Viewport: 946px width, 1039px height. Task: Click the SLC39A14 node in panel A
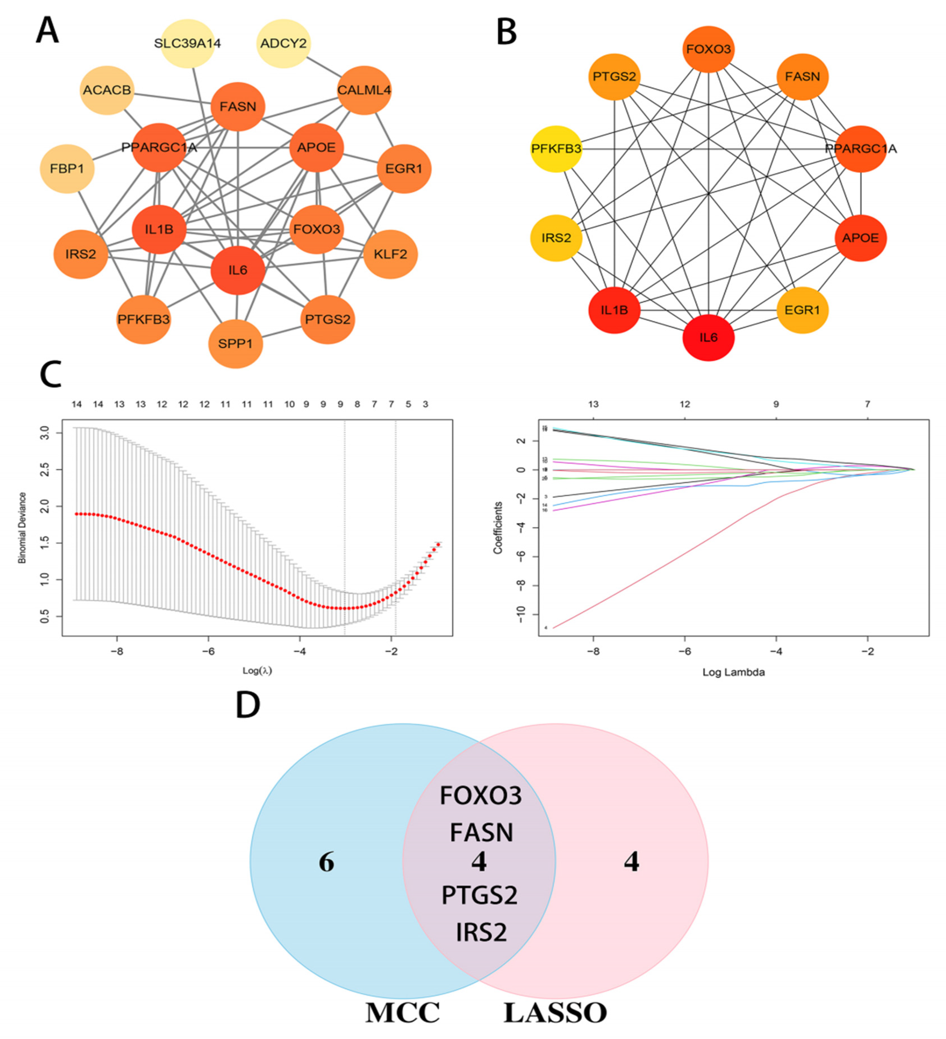click(x=188, y=43)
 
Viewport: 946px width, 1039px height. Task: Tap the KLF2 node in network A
click(x=390, y=254)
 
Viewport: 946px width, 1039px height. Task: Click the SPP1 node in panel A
click(x=236, y=343)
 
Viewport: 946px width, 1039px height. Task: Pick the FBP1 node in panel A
click(x=67, y=169)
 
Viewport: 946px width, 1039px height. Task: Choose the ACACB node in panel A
click(x=107, y=90)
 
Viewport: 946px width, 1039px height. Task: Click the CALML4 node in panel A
click(x=364, y=90)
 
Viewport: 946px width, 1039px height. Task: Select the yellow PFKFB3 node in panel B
click(x=556, y=149)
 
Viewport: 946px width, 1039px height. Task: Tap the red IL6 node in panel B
click(x=708, y=338)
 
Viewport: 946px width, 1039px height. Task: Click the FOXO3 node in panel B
click(x=708, y=49)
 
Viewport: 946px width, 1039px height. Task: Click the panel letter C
click(x=51, y=375)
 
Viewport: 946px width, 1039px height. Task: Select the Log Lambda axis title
click(x=733, y=672)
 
